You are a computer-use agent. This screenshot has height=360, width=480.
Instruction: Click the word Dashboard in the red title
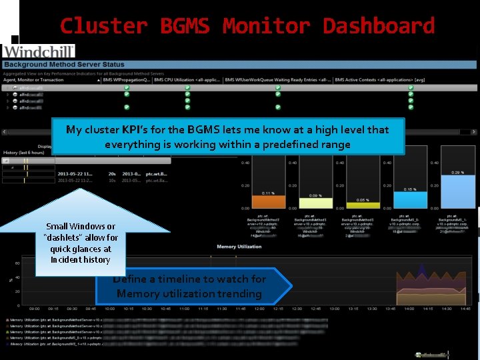click(x=379, y=26)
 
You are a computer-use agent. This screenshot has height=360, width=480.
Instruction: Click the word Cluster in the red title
click(x=103, y=26)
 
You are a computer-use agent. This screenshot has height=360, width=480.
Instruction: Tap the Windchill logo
click(x=39, y=51)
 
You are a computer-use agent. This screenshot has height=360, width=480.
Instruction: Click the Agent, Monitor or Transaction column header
click(x=34, y=80)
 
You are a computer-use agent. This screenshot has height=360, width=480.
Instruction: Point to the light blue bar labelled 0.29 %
click(x=458, y=192)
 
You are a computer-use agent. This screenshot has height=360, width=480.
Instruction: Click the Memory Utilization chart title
click(x=235, y=247)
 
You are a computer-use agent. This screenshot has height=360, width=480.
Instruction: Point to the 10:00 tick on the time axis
click(x=110, y=309)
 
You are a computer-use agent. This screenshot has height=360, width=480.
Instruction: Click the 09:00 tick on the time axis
click(x=35, y=309)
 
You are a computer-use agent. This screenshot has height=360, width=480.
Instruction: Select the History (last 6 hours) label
click(x=25, y=153)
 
